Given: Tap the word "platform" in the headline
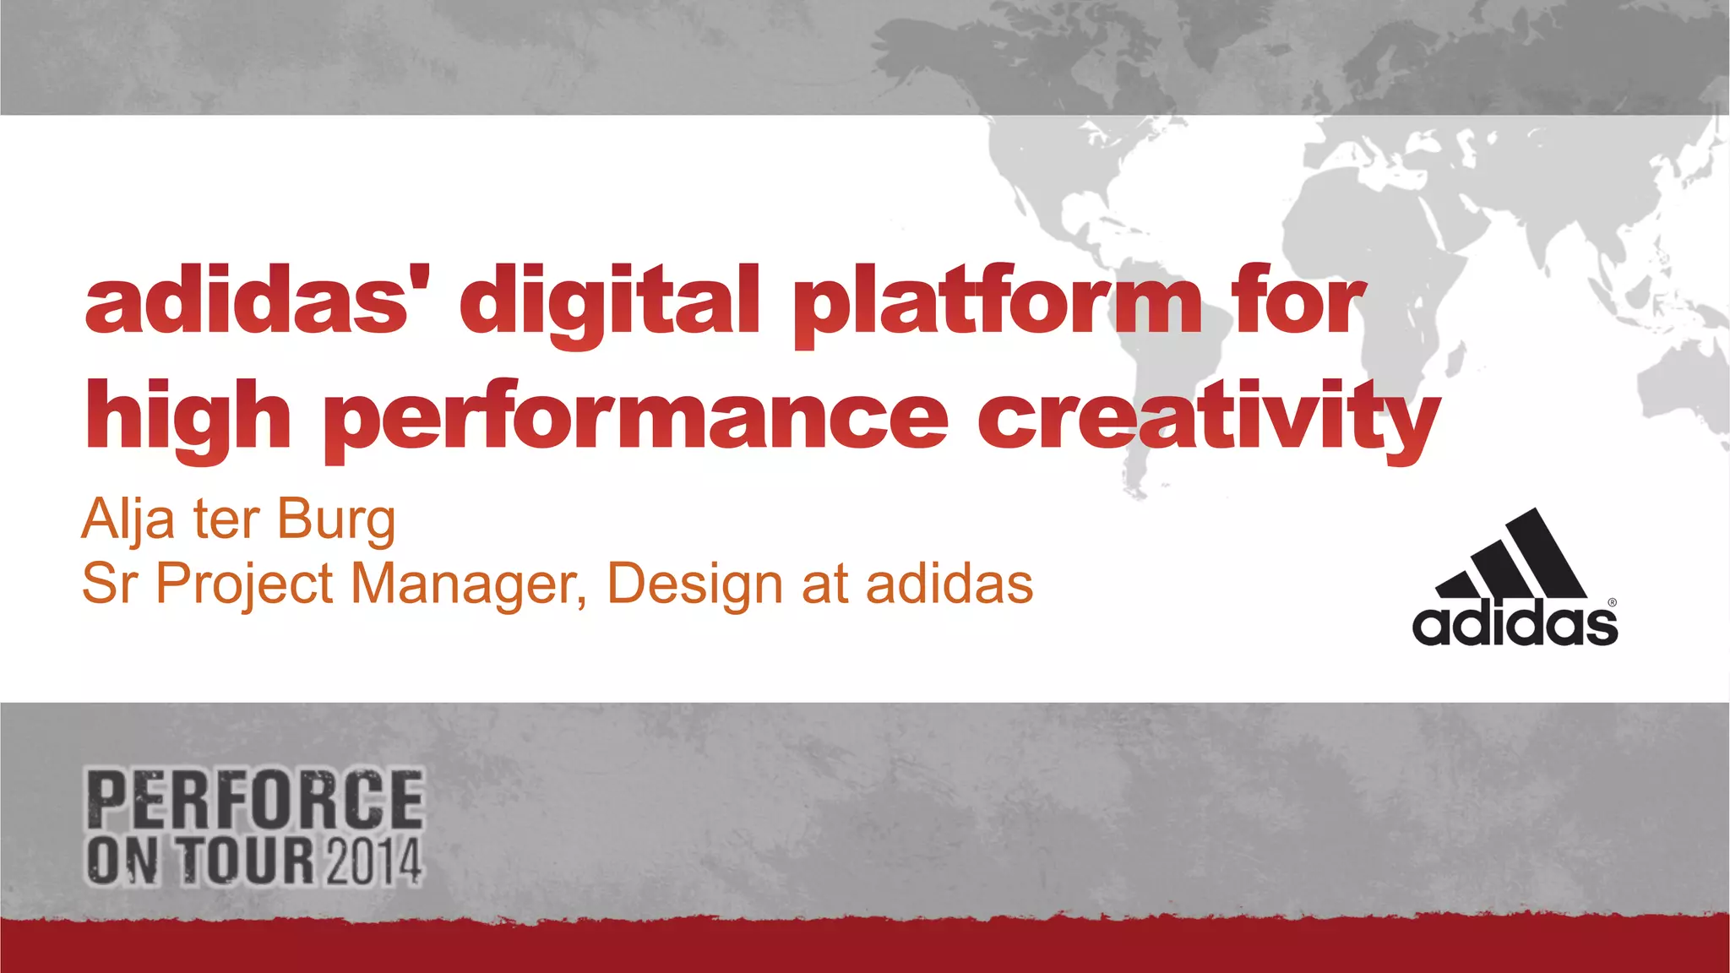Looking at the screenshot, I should (x=996, y=302).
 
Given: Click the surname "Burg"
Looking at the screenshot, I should (x=335, y=519).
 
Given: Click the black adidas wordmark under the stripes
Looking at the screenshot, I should (x=1514, y=625).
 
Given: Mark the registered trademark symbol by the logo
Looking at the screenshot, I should (x=1612, y=603).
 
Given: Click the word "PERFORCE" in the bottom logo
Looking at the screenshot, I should (x=254, y=799).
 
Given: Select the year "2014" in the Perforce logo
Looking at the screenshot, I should (x=372, y=862).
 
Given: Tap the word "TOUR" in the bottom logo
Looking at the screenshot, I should (x=247, y=862).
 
